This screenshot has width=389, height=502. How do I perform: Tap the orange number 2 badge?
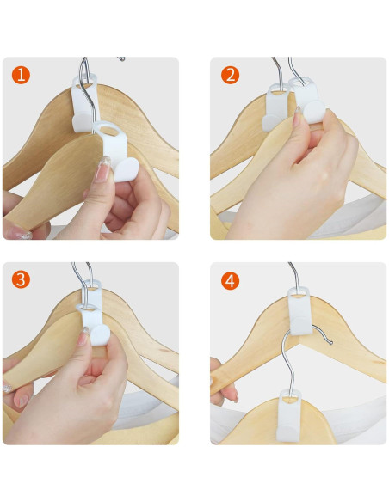(230, 75)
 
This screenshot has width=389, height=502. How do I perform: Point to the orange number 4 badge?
(230, 280)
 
